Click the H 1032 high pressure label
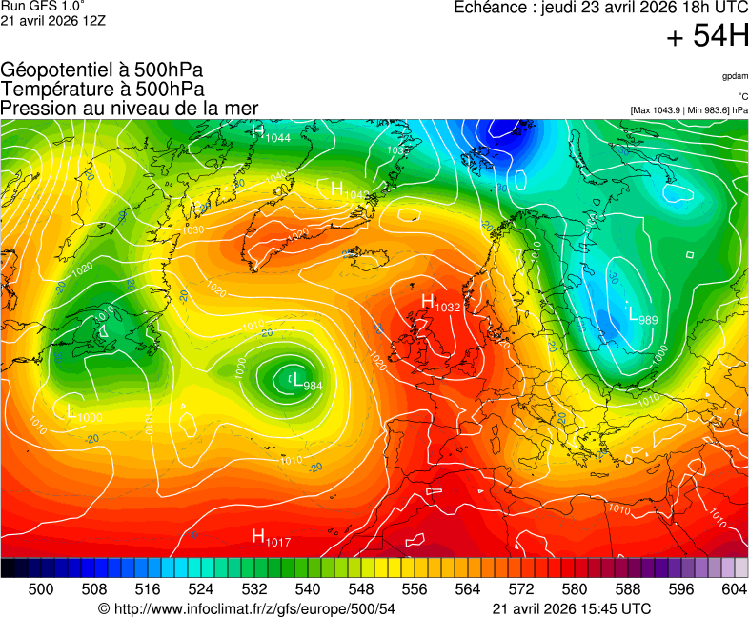(x=440, y=304)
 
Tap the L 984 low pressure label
(x=306, y=381)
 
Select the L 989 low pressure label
(x=640, y=314)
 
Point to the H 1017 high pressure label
(x=271, y=538)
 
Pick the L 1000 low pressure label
(x=84, y=414)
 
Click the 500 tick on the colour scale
(x=40, y=589)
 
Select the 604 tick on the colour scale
(x=734, y=589)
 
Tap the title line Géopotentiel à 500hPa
(x=102, y=70)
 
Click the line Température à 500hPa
(x=102, y=89)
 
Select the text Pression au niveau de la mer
(x=130, y=108)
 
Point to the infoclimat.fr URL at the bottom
(x=247, y=608)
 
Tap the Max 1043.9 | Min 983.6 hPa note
(x=689, y=110)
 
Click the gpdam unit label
(x=735, y=76)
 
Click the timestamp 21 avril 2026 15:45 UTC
(x=572, y=608)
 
